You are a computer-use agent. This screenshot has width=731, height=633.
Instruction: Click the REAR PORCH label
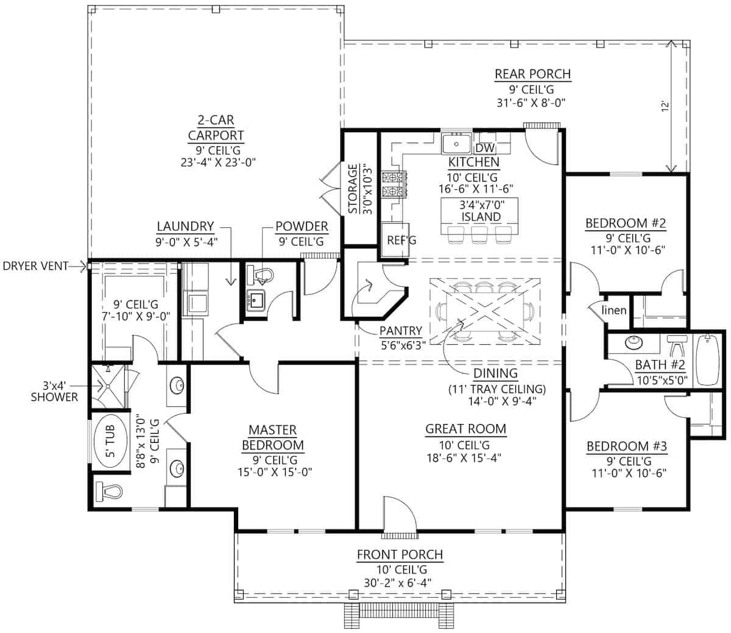pos(532,74)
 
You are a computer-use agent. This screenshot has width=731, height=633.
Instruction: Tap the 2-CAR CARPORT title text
pos(216,128)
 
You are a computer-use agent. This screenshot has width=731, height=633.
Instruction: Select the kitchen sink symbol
pos(456,143)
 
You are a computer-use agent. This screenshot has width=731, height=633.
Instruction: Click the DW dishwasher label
pos(486,147)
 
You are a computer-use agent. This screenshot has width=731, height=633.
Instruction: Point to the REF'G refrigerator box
pos(395,240)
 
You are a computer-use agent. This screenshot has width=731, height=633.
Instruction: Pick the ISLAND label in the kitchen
pos(481,216)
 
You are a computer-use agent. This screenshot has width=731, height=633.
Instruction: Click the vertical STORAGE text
pos(353,189)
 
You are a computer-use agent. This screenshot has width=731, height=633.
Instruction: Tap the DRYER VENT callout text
pos(35,266)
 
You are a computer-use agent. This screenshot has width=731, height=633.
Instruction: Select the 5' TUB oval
pos(111,441)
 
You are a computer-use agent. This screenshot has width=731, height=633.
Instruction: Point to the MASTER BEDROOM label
pos(273,437)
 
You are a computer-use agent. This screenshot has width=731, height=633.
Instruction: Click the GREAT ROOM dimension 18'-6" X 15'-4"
pos(464,458)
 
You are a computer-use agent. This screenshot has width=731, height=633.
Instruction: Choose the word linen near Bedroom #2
pos(613,310)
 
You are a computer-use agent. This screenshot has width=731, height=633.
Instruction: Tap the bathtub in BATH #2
pos(707,360)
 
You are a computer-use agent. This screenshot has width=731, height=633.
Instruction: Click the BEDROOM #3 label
pos(627,446)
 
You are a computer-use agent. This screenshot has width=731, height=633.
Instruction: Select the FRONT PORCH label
pos(400,554)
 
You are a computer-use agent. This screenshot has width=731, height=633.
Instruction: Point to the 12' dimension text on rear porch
pos(665,107)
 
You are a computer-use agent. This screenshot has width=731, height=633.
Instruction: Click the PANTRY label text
pos(401,331)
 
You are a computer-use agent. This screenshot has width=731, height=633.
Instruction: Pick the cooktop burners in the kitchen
pos(394,184)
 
